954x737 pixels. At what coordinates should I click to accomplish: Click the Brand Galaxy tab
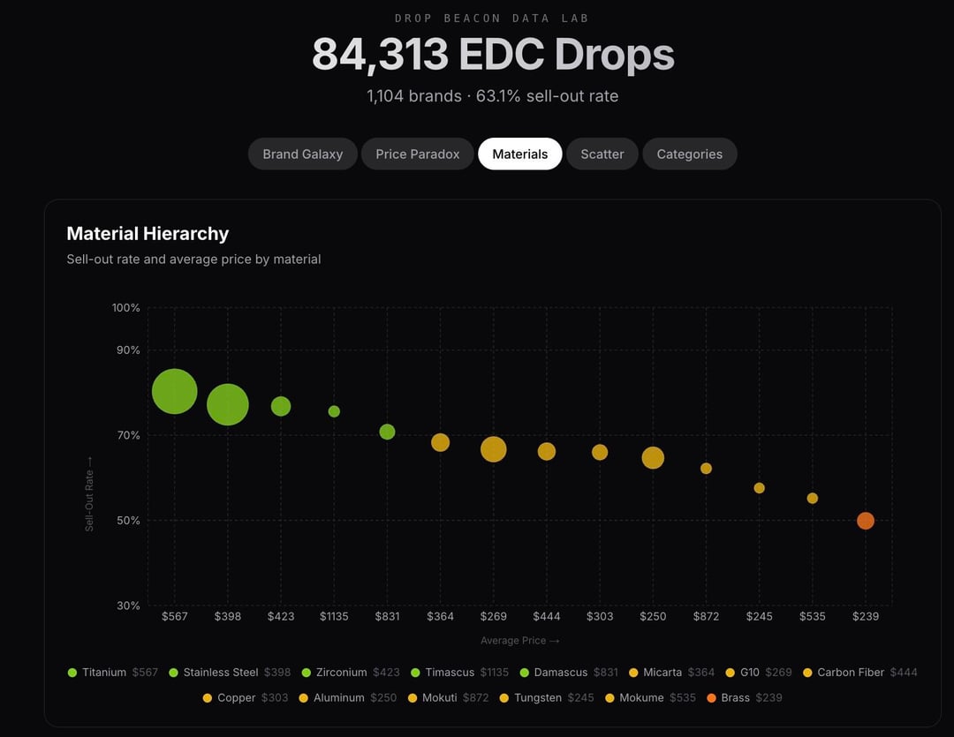click(x=302, y=154)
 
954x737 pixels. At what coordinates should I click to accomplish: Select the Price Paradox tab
click(x=417, y=154)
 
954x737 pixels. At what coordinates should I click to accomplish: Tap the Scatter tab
click(x=602, y=154)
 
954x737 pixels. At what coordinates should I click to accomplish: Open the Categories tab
click(x=689, y=154)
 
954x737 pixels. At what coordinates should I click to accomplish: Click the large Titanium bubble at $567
click(x=174, y=391)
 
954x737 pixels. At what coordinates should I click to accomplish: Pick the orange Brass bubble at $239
click(x=866, y=521)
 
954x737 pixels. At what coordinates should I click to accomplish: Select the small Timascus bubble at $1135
click(x=334, y=411)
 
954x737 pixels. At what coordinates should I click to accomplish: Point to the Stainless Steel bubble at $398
click(x=228, y=404)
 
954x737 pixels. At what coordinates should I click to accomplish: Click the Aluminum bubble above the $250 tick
click(x=653, y=457)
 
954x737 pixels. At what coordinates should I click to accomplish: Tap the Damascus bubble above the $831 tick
click(x=387, y=432)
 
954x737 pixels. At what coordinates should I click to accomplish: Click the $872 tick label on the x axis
click(x=706, y=616)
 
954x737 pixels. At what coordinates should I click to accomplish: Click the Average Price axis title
click(x=519, y=641)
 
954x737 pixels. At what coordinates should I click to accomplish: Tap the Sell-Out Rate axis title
click(x=89, y=493)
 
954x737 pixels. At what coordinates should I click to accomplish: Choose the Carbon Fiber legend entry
click(x=850, y=673)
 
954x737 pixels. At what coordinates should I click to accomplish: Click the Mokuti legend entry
click(x=439, y=698)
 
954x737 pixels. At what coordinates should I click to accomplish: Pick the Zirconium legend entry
click(x=340, y=673)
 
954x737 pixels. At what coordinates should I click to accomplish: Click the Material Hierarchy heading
click(x=148, y=234)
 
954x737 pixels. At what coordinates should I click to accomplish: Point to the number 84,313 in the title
click(x=380, y=55)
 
